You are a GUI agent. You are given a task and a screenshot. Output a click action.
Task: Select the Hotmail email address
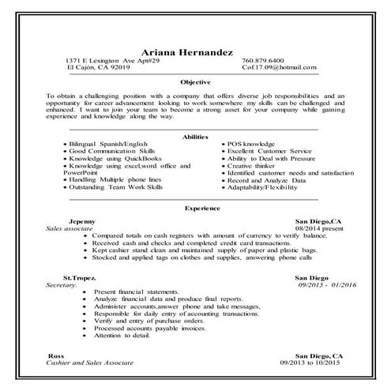coord(272,68)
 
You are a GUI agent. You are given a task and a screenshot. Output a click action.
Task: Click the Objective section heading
coord(195,82)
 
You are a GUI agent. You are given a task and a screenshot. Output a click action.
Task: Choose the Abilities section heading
coord(194,137)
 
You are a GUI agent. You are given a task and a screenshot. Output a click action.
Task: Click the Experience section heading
coord(197,209)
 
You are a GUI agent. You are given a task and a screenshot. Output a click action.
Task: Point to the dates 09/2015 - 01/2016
coord(311,284)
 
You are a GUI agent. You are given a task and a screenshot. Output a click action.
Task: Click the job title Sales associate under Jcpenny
coord(70,228)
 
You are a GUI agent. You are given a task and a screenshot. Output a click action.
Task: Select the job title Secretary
coord(62,284)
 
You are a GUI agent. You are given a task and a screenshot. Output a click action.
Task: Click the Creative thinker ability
coord(251,166)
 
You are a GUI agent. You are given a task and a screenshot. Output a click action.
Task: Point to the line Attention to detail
coord(120,336)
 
